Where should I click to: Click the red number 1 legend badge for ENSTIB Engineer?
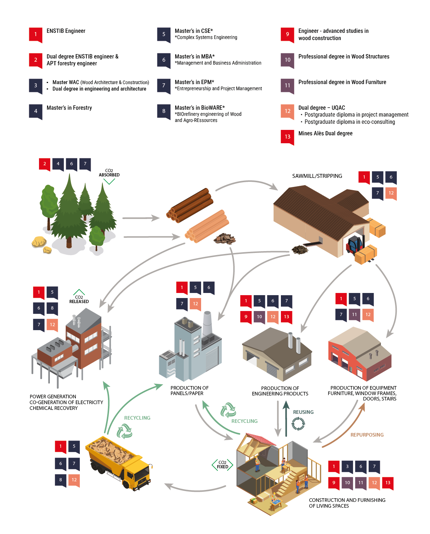tap(35, 34)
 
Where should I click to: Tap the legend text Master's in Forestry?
tap(69, 108)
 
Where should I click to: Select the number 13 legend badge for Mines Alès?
tap(287, 137)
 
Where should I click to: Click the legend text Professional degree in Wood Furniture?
tap(342, 82)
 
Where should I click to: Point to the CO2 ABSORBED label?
tap(109, 173)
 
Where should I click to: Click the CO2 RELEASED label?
tap(79, 299)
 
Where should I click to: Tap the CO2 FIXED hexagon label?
tap(222, 465)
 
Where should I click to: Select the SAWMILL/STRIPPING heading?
tap(317, 176)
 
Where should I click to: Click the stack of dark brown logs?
tap(190, 205)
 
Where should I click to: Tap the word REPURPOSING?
tap(367, 435)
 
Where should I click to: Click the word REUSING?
tap(303, 412)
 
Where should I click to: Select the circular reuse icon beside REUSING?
tap(298, 424)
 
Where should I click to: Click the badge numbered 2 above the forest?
tap(44, 164)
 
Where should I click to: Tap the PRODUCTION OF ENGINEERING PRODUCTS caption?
tap(280, 391)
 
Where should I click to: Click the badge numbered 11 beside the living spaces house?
tap(361, 482)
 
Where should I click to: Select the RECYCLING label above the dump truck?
tap(137, 418)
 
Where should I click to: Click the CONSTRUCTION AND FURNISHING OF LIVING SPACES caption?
tap(347, 503)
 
